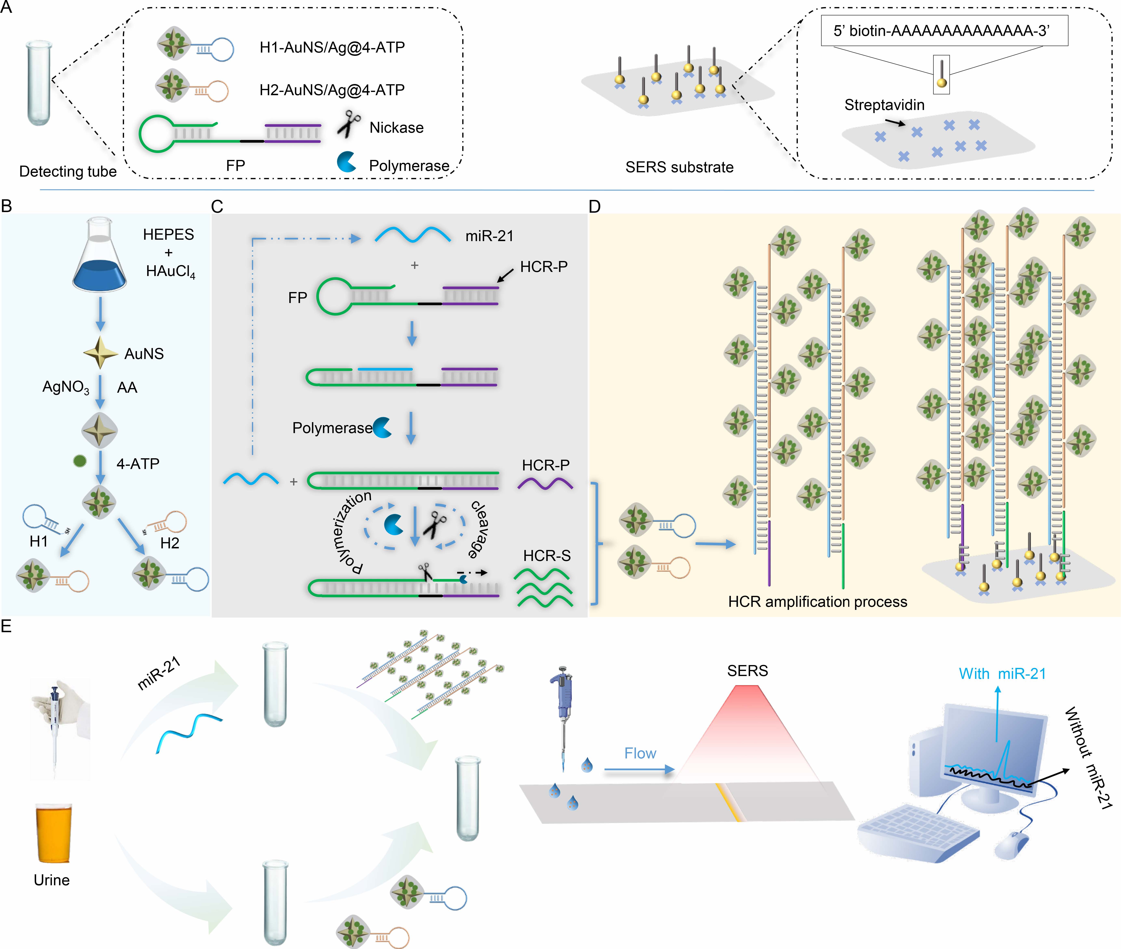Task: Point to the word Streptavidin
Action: tap(884, 105)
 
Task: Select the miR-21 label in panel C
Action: tap(489, 236)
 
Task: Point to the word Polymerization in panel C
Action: tap(351, 533)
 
